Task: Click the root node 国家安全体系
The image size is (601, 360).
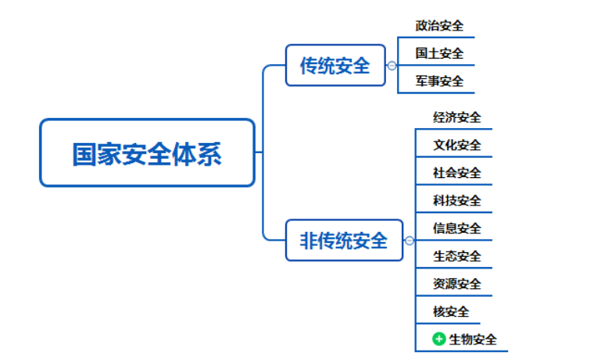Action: click(147, 153)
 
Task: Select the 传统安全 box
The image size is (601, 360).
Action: click(335, 65)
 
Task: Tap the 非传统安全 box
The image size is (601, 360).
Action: click(344, 240)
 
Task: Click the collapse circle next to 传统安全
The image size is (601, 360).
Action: click(392, 66)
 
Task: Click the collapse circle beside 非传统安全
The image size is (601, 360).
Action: click(410, 241)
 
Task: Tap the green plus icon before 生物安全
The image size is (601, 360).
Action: click(439, 339)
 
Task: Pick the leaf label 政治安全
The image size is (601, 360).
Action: click(439, 26)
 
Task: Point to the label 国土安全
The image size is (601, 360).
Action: click(439, 53)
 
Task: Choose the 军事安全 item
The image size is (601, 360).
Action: click(439, 81)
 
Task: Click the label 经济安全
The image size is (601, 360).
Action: click(457, 117)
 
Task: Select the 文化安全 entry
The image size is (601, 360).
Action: click(457, 145)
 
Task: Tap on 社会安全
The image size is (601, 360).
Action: click(457, 173)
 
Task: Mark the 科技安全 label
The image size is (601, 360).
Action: click(457, 200)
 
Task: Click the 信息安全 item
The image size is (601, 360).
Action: click(457, 228)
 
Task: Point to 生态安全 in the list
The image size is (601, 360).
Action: click(457, 256)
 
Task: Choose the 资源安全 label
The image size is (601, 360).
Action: click(457, 283)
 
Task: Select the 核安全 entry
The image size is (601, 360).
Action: click(451, 312)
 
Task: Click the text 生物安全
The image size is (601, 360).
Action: click(473, 340)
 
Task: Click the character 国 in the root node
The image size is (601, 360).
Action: click(84, 154)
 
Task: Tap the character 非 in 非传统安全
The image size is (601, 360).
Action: click(308, 241)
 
